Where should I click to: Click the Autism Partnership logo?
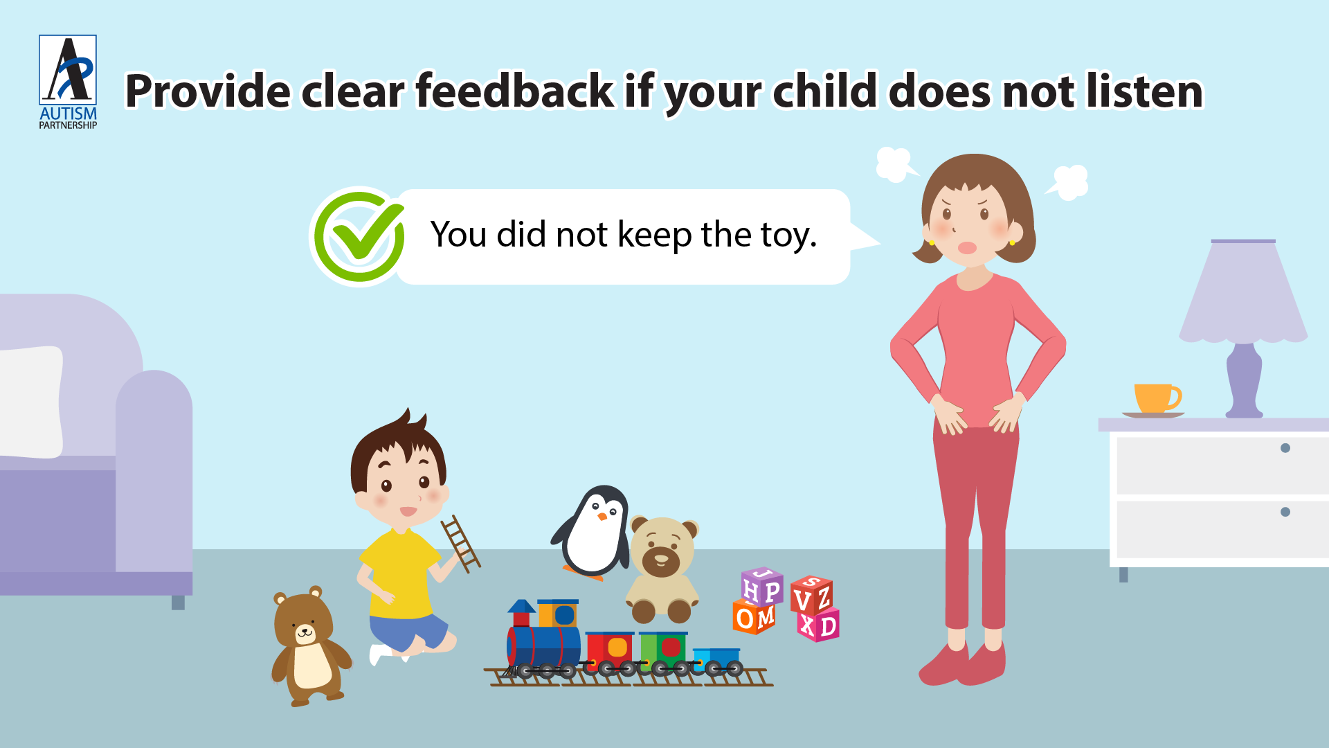(x=68, y=82)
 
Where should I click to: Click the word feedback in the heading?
(x=514, y=91)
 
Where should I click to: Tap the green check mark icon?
(x=359, y=237)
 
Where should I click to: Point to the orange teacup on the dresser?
(x=1156, y=399)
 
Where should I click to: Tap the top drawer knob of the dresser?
(x=1285, y=448)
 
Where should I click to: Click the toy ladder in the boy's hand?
(x=461, y=544)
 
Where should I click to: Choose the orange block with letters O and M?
(x=754, y=617)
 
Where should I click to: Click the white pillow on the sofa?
(x=31, y=402)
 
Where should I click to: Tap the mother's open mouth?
(x=967, y=247)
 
